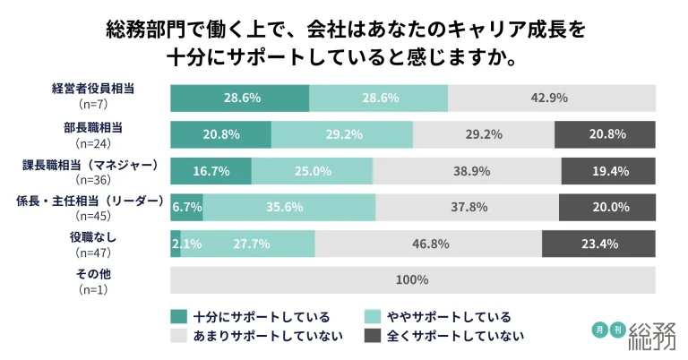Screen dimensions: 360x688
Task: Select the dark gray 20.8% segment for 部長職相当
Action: pyautogui.click(x=606, y=134)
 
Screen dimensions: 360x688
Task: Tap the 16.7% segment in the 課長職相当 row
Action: pyautogui.click(x=211, y=170)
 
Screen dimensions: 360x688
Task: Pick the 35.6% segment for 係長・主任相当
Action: pyautogui.click(x=289, y=207)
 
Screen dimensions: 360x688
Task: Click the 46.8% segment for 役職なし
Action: pyautogui.click(x=428, y=243)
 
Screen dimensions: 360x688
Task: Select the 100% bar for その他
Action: pyautogui.click(x=412, y=280)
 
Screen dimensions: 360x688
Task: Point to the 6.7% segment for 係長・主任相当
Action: pyautogui.click(x=186, y=207)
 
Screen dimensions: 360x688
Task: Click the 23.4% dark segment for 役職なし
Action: pyautogui.click(x=598, y=243)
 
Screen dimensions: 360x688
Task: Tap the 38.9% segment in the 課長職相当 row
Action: pyautogui.click(x=467, y=170)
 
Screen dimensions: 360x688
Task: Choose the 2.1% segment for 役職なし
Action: pyautogui.click(x=176, y=243)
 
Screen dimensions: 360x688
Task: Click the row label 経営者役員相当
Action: pyautogui.click(x=92, y=89)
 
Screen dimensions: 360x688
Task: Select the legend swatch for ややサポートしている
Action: pyautogui.click(x=372, y=316)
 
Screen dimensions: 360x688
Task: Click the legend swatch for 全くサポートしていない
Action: pyautogui.click(x=372, y=336)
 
